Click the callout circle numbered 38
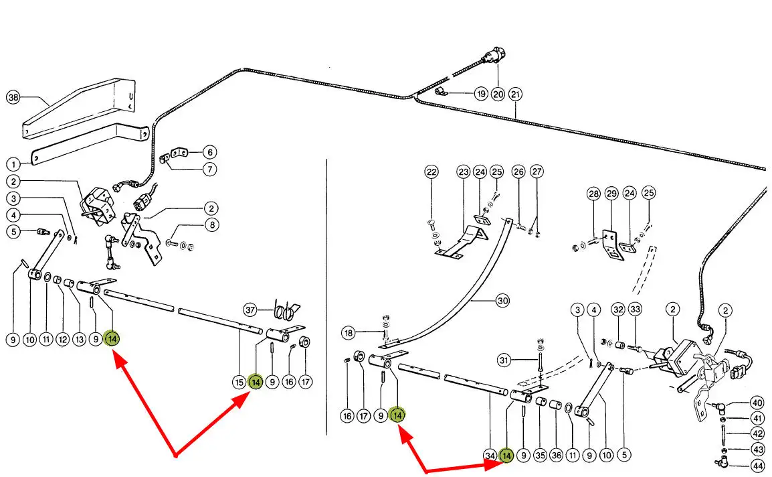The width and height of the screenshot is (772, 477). pyautogui.click(x=13, y=98)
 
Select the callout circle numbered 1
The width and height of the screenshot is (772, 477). pyautogui.click(x=13, y=163)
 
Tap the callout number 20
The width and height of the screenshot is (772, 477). pyautogui.click(x=498, y=94)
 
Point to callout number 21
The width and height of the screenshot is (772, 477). pyautogui.click(x=515, y=94)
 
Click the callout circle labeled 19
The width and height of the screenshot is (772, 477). pyautogui.click(x=480, y=94)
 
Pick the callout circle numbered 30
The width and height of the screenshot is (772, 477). pyautogui.click(x=502, y=301)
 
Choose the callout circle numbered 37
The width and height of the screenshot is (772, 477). pyautogui.click(x=250, y=310)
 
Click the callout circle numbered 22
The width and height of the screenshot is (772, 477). pyautogui.click(x=431, y=172)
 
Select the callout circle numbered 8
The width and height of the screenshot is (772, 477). pyautogui.click(x=211, y=226)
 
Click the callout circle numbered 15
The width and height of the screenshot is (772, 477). pyautogui.click(x=239, y=383)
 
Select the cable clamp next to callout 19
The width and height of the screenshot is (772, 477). pyautogui.click(x=442, y=92)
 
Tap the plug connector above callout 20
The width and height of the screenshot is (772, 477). pyautogui.click(x=498, y=55)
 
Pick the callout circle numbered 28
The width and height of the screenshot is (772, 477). pyautogui.click(x=593, y=194)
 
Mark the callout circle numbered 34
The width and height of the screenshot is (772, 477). pyautogui.click(x=490, y=456)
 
